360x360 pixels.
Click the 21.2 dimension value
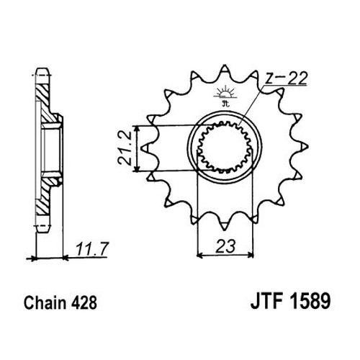pyautogui.click(x=125, y=148)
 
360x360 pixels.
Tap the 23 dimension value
pyautogui.click(x=225, y=246)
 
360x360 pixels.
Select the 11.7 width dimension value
pyautogui.click(x=93, y=249)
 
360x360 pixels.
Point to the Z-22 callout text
pyautogui.click(x=287, y=78)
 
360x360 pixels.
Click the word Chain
pyautogui.click(x=45, y=303)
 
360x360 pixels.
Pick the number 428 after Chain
pyautogui.click(x=84, y=303)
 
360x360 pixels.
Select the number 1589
pyautogui.click(x=310, y=301)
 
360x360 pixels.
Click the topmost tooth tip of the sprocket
pyautogui.click(x=225, y=66)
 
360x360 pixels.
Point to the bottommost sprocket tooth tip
pyautogui.click(x=224, y=230)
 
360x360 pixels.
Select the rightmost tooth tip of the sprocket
pyautogui.click(x=308, y=146)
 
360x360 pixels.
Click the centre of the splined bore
pyautogui.click(x=225, y=148)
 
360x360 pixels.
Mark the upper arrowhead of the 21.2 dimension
pyautogui.click(x=137, y=129)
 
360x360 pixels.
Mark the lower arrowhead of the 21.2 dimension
pyautogui.click(x=137, y=168)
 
